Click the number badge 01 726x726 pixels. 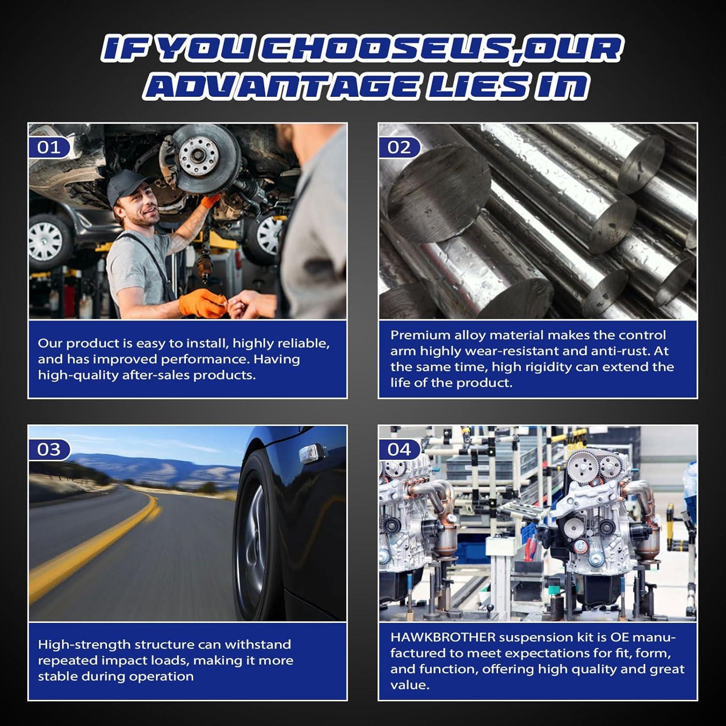(49, 147)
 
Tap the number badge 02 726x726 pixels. (399, 147)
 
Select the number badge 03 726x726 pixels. (49, 450)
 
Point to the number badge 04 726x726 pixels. (399, 450)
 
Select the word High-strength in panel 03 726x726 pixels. (80, 645)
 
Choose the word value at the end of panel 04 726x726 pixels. (410, 685)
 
